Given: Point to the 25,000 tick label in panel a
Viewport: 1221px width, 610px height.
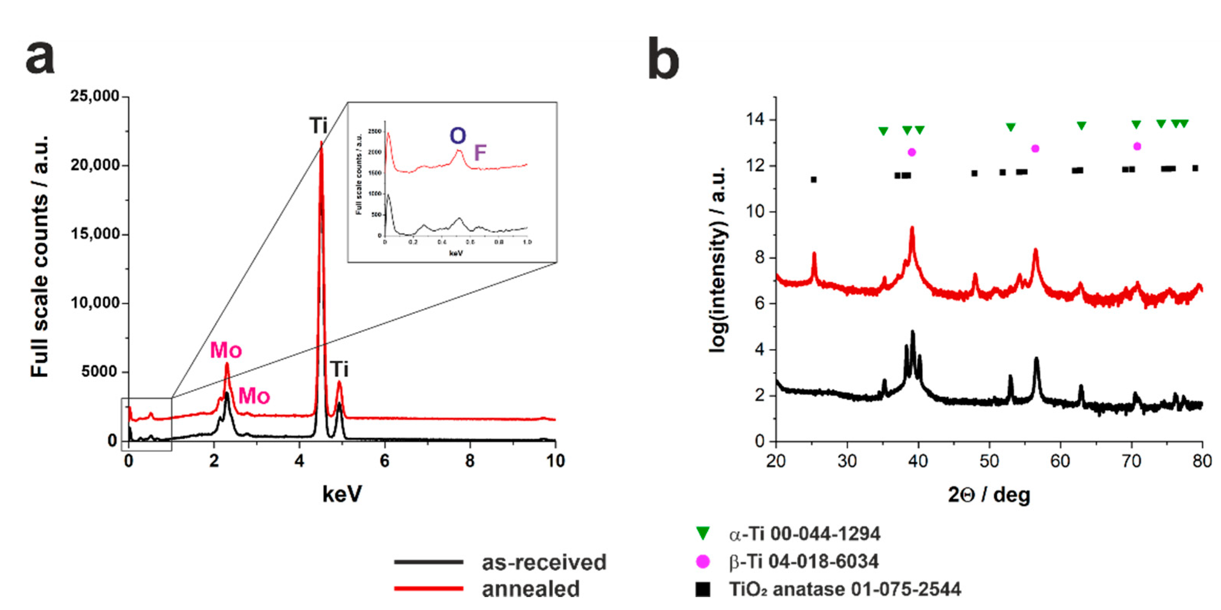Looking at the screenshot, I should tap(94, 96).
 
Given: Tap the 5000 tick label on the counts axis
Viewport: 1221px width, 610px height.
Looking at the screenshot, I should tap(100, 372).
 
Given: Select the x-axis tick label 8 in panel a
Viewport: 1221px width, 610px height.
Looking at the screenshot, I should tap(470, 461).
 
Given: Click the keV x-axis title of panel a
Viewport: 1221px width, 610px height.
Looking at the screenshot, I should tap(342, 494).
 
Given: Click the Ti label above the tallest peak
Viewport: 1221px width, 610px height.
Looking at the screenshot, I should tap(318, 126).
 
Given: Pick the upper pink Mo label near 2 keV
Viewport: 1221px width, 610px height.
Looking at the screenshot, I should tap(226, 351).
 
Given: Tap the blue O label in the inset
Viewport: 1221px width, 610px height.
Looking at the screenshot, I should tap(458, 136).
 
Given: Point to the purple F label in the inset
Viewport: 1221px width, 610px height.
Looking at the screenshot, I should tap(480, 153).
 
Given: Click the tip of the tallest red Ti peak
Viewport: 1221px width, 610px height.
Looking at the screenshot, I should tap(321, 142).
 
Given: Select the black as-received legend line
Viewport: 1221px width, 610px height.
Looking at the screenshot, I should tap(429, 562).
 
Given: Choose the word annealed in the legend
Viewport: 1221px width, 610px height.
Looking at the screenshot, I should tap(531, 589).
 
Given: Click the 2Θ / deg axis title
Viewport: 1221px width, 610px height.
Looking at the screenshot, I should tap(989, 495).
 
